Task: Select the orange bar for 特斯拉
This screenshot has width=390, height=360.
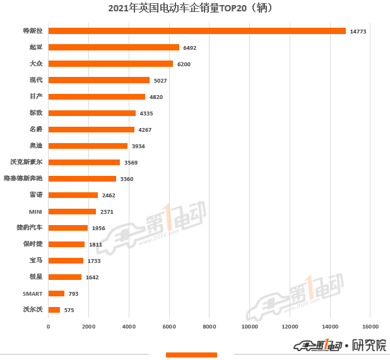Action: pyautogui.click(x=197, y=31)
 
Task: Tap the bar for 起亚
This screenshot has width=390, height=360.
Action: pyautogui.click(x=114, y=47)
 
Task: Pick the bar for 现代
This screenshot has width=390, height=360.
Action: pyautogui.click(x=99, y=80)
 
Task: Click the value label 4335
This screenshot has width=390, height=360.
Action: pyautogui.click(x=146, y=113)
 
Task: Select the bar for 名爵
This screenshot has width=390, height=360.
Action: pyautogui.click(x=92, y=129)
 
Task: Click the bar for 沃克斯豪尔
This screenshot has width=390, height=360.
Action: pyautogui.click(x=84, y=162)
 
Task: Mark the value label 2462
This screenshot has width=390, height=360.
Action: pyautogui.click(x=109, y=195)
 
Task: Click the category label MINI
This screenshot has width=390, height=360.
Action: pyautogui.click(x=35, y=211)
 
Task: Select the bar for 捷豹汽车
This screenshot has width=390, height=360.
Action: pyautogui.click(x=68, y=228)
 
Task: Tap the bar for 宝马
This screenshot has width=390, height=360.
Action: pyautogui.click(x=66, y=260)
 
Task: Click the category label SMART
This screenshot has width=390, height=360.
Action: pyautogui.click(x=33, y=293)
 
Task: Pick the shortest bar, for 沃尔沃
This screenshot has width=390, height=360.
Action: pyautogui.click(x=54, y=310)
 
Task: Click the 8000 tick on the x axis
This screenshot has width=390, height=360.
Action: pyautogui.click(x=209, y=327)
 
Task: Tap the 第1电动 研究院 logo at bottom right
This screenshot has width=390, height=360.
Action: pyautogui.click(x=341, y=345)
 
